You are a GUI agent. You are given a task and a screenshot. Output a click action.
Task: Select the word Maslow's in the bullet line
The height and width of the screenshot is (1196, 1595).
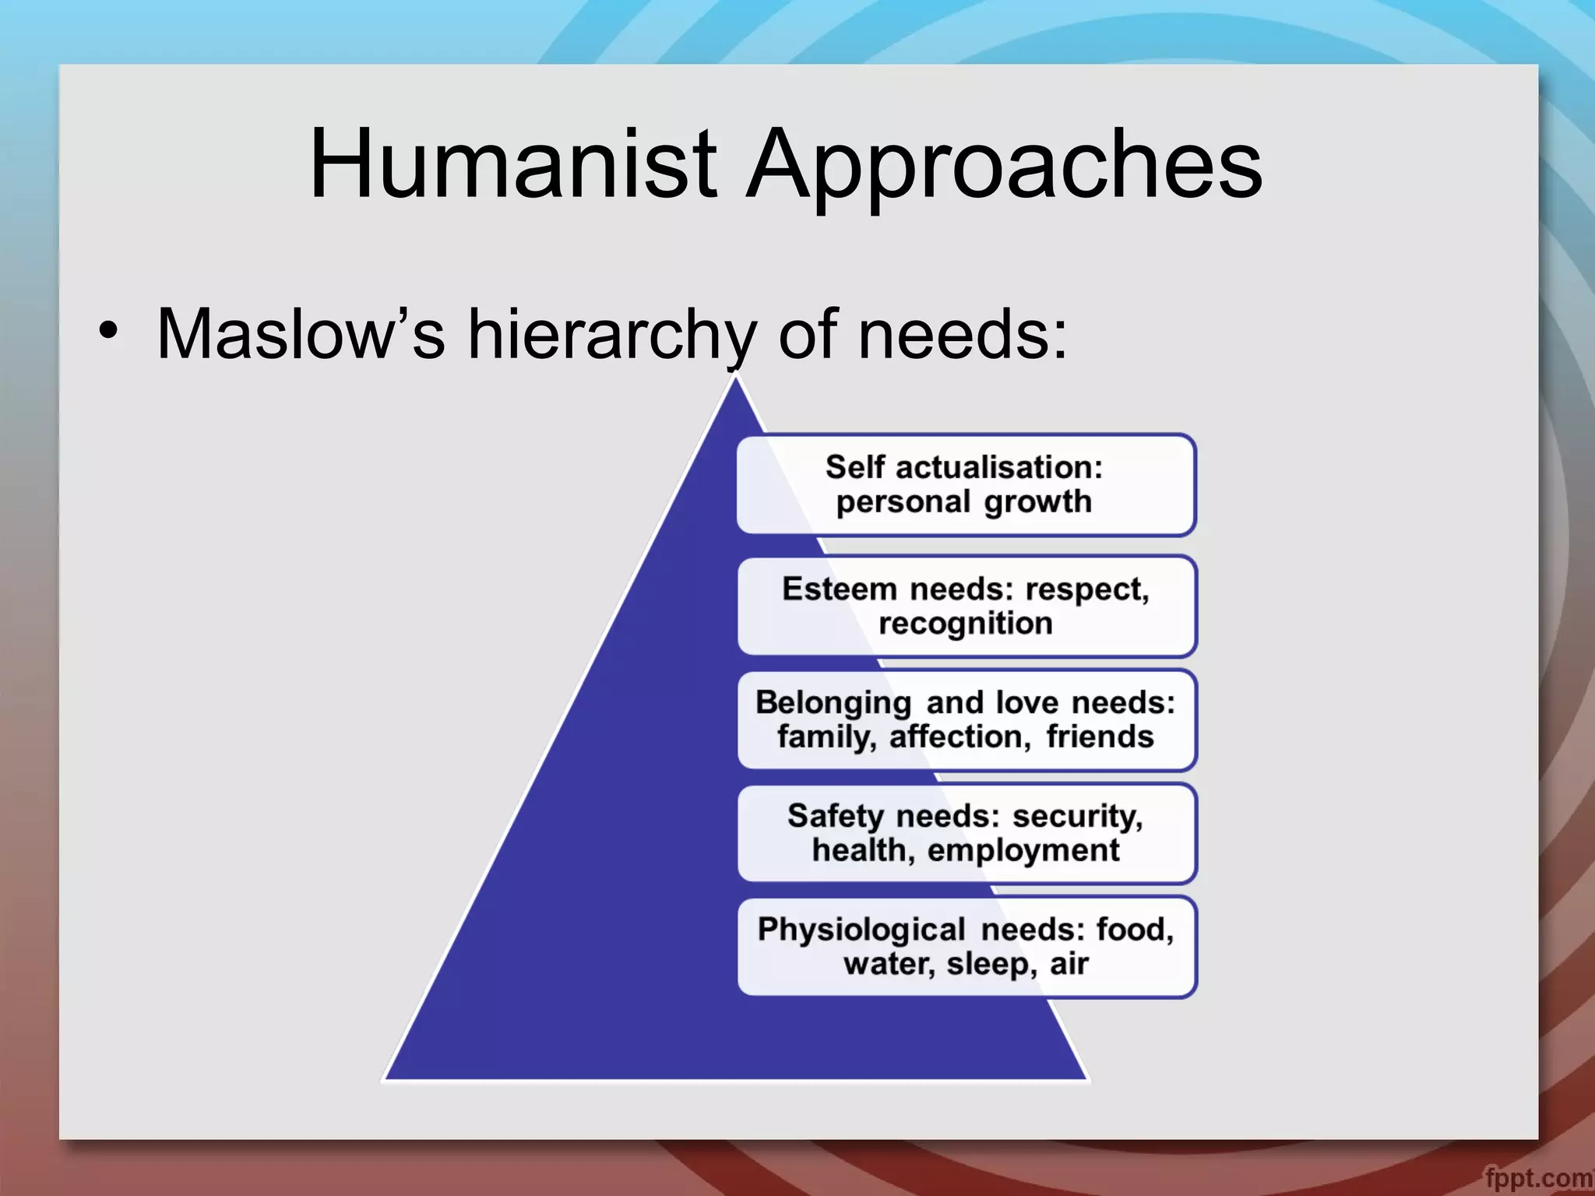click(301, 334)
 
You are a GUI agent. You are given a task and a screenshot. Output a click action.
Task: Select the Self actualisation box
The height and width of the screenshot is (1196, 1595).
click(966, 484)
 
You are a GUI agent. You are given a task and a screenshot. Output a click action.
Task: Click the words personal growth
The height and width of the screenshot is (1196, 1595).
click(964, 502)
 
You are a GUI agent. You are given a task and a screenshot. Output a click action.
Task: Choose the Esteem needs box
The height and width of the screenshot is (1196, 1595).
click(966, 606)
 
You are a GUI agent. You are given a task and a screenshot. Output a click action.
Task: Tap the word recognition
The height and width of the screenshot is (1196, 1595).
click(966, 624)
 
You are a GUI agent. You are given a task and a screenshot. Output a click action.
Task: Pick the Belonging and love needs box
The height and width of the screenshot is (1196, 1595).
click(966, 719)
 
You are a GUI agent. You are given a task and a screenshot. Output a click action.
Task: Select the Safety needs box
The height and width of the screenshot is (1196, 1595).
click(966, 833)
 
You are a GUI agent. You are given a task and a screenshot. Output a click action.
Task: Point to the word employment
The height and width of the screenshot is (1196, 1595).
click(1023, 850)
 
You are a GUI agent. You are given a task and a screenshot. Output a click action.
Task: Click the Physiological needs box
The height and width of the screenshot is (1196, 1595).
click(966, 947)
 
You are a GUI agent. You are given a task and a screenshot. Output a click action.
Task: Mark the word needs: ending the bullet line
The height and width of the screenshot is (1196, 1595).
click(962, 334)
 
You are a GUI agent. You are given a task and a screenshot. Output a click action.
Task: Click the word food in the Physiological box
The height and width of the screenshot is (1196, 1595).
click(1134, 930)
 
